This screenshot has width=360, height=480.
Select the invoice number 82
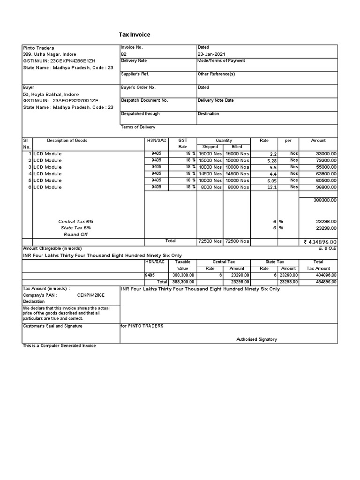pyautogui.click(x=124, y=54)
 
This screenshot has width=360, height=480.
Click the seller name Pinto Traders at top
pyautogui.click(x=38, y=48)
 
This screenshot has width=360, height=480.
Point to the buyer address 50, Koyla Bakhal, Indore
pyautogui.click(x=52, y=94)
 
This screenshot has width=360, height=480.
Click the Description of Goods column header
pyautogui.click(x=67, y=141)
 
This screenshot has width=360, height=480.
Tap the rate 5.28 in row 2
pyautogui.click(x=272, y=160)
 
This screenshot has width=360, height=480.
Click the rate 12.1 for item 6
pyautogui.click(x=272, y=187)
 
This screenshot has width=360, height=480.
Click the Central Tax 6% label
pyautogui.click(x=72, y=221)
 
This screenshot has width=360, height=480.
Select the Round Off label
pyautogui.click(x=75, y=234)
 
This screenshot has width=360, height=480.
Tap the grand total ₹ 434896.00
pyautogui.click(x=320, y=242)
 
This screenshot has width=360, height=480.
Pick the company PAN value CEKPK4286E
pyautogui.click(x=91, y=296)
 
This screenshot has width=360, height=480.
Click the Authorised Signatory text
pyautogui.click(x=256, y=339)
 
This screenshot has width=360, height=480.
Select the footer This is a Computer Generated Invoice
pyautogui.click(x=59, y=345)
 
